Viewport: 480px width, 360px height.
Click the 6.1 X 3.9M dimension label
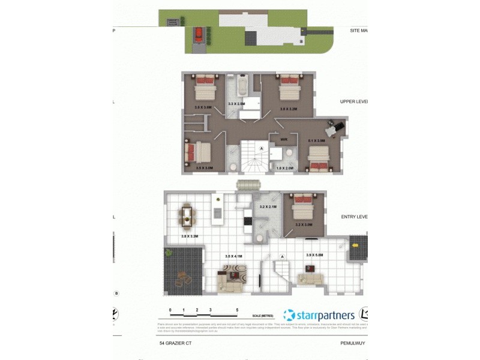316,140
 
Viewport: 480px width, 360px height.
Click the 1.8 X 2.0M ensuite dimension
285,169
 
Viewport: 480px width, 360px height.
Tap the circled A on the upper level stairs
262,148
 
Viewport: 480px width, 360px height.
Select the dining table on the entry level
188,216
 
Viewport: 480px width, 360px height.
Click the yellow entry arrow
355,244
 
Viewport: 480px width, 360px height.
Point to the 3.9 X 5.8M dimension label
315,255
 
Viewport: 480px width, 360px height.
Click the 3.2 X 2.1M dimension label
268,207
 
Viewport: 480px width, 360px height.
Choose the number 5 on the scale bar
238,310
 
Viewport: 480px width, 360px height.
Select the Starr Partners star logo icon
289,314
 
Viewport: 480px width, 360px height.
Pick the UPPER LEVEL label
353,102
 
